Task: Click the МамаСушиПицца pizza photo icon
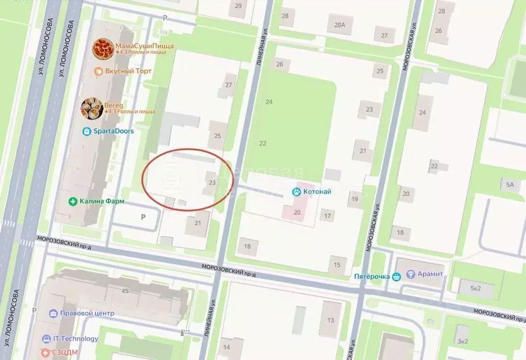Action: coord(103,48)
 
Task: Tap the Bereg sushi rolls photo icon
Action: coord(92,108)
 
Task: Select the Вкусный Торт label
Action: coord(128,71)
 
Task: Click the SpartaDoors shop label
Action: coord(113,131)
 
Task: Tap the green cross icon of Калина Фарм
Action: coord(74,201)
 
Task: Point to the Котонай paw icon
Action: coord(297,192)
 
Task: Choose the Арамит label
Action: coord(430,274)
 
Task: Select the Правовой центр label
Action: coord(87,313)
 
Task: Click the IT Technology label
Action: coord(76,339)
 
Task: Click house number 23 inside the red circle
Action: coord(212,182)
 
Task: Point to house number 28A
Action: coord(339,24)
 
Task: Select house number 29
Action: coord(238,6)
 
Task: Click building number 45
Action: coord(124,291)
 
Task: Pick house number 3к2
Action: coord(463,340)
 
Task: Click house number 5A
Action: coord(510,184)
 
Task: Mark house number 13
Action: coord(331,320)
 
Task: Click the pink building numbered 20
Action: coord(297,212)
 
